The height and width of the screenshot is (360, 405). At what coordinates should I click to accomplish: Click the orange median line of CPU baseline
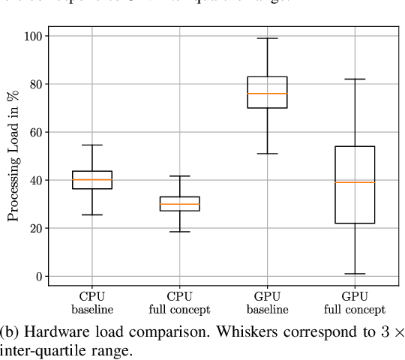91,180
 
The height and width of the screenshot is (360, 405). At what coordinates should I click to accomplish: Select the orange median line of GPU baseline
267,94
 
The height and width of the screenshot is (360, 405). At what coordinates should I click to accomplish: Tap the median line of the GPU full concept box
355,182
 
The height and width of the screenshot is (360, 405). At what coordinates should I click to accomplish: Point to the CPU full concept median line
179,204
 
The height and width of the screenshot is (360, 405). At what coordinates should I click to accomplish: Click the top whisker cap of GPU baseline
267,38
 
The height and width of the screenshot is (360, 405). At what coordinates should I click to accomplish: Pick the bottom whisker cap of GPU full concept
355,274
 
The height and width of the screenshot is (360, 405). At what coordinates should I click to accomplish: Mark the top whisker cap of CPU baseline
91,145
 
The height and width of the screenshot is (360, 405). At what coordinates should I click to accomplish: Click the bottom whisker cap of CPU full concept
179,232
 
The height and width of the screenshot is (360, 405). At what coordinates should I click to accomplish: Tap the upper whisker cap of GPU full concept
355,79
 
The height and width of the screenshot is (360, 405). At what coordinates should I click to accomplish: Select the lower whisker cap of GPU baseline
267,154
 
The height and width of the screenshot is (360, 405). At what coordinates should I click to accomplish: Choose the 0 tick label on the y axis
38,276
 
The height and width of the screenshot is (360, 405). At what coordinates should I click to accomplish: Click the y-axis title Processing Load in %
13,156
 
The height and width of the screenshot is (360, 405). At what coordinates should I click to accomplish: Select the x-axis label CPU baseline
91,302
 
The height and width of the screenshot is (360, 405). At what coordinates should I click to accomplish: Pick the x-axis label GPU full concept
355,302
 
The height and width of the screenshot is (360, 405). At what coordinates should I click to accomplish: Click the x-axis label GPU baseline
267,302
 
